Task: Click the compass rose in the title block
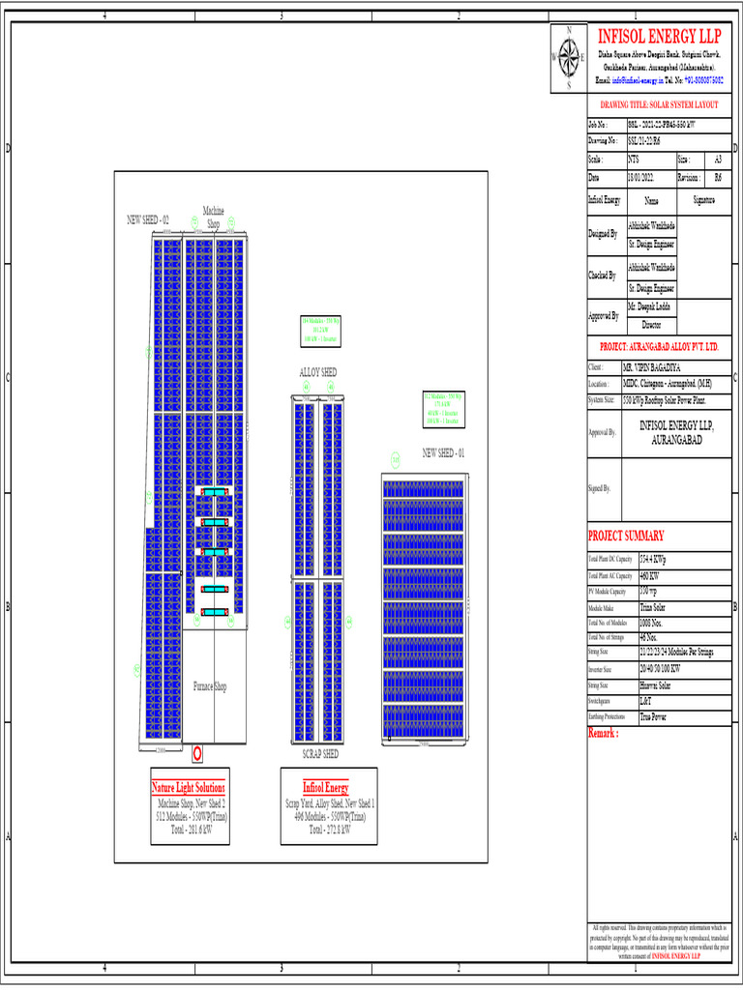coord(568,58)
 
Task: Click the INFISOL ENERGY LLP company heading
coord(659,36)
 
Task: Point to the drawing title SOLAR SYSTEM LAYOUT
coord(659,103)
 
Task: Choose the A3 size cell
coord(717,159)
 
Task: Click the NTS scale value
coord(634,159)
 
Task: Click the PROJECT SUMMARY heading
coord(626,537)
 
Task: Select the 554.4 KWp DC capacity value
coord(653,560)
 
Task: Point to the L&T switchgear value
coord(646,700)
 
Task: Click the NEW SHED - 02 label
coord(148,219)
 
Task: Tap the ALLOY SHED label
coord(317,372)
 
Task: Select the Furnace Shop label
coord(210,686)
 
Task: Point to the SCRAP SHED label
coord(320,753)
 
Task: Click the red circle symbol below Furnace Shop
coord(197,751)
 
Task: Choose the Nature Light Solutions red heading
coord(189,787)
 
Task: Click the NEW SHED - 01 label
coord(443,452)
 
